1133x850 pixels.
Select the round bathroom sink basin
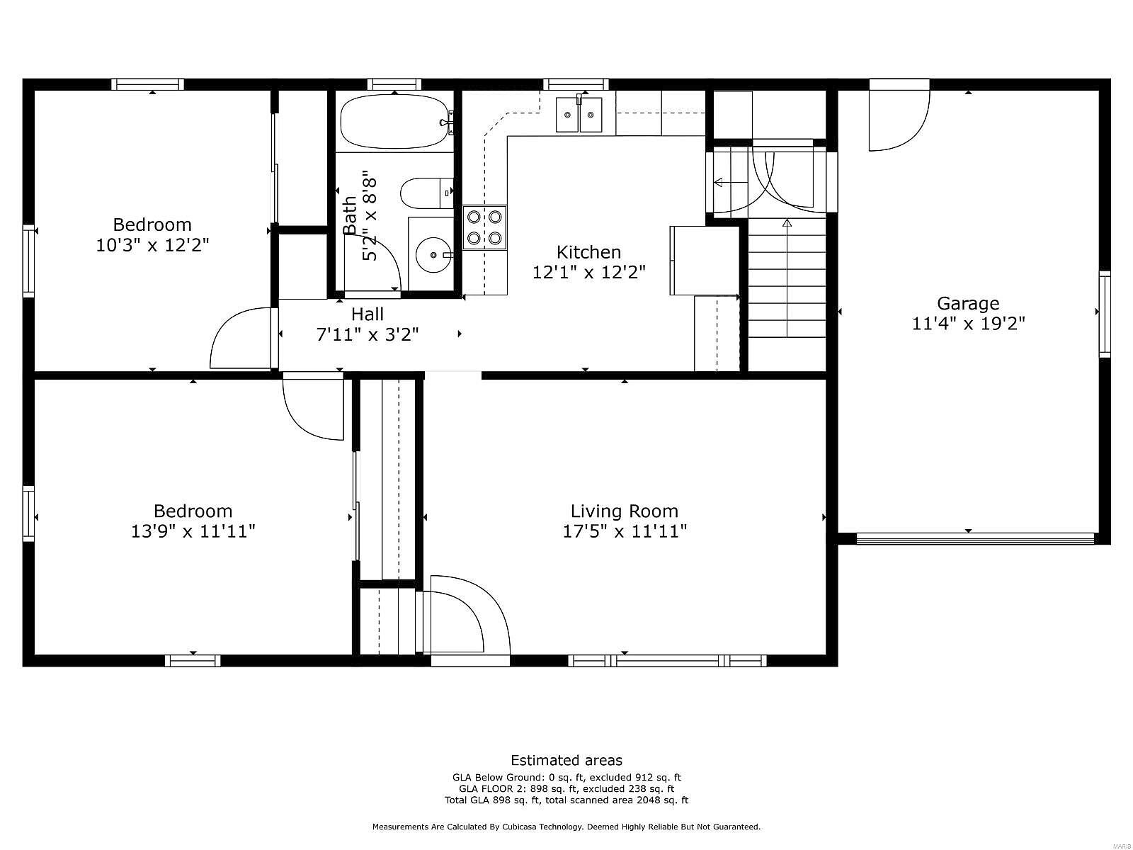434,254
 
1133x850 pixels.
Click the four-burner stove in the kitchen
484,227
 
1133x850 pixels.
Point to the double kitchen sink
579,115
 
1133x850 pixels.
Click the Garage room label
968,303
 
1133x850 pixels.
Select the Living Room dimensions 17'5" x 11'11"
625,531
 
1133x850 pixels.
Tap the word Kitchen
588,252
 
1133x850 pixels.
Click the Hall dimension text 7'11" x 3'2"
367,334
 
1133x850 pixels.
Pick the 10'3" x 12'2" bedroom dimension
152,244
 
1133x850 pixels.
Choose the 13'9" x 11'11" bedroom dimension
193,531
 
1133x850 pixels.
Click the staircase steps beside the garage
787,278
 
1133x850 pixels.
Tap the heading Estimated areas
566,759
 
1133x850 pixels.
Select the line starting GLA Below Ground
566,777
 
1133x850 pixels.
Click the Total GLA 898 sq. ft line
566,800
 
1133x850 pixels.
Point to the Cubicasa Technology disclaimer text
566,827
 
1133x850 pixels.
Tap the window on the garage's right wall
1104,314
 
